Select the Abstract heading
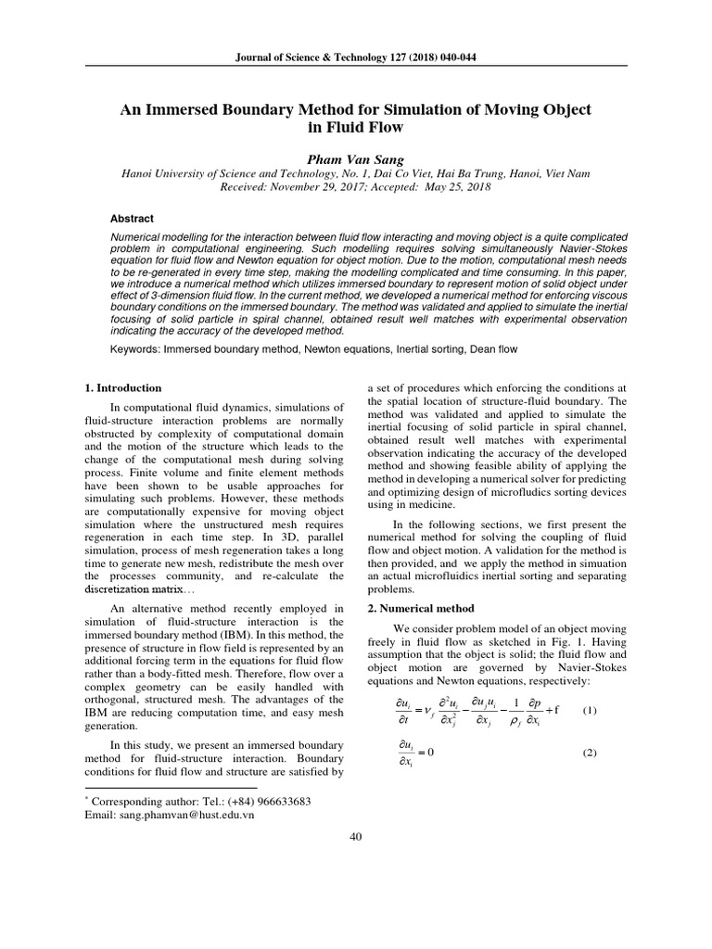click(133, 219)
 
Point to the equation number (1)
click(590, 711)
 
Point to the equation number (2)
click(590, 753)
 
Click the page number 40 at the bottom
click(355, 838)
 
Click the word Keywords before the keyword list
click(135, 349)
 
